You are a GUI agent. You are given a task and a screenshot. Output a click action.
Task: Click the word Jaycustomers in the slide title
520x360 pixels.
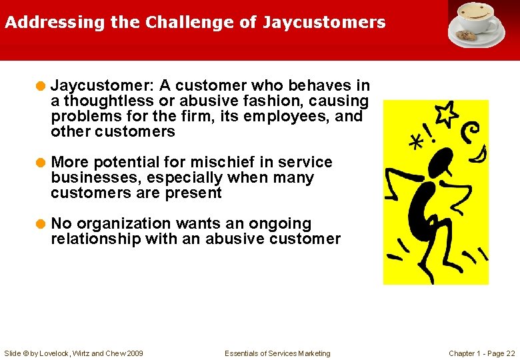pos(324,23)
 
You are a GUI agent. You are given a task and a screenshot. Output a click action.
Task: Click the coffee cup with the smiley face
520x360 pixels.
pos(475,17)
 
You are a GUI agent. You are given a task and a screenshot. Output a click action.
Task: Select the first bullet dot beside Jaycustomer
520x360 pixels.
pos(41,86)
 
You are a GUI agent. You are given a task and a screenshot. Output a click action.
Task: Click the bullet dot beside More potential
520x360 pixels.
pos(41,163)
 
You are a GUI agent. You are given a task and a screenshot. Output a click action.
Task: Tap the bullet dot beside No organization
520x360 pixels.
pos(41,224)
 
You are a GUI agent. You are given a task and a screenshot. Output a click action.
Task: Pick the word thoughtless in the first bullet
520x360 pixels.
pos(106,101)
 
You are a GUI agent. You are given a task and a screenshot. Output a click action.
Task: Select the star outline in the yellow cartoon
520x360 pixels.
pos(446,113)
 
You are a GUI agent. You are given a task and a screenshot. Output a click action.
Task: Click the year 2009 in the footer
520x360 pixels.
pos(133,353)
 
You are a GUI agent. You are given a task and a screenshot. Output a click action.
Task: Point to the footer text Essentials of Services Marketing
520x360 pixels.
pos(277,353)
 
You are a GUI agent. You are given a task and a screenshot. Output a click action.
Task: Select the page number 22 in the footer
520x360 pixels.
pos(510,353)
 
